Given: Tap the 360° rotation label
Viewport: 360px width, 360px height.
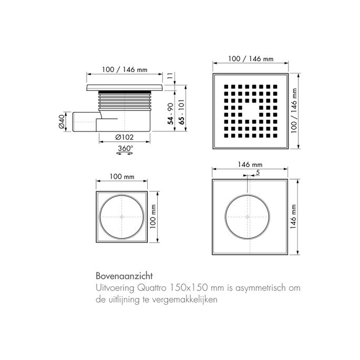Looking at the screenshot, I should pos(125,148).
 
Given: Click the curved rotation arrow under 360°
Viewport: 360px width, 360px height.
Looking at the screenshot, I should pos(125,155).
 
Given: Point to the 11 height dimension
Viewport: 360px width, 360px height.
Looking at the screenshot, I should pos(170,76).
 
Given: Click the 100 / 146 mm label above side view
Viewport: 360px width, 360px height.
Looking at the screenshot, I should pos(125,69).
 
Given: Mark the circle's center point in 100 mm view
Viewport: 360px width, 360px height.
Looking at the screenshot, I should pos(122,217).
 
